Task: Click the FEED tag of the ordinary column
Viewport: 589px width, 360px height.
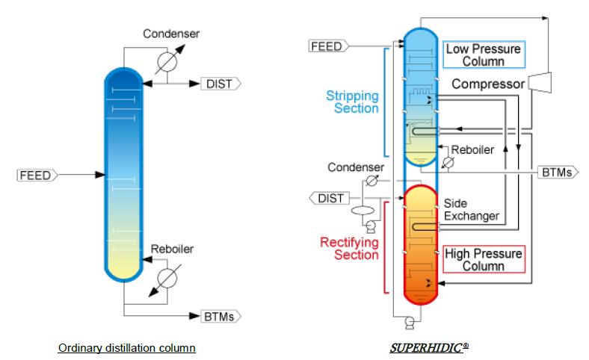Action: click(37, 176)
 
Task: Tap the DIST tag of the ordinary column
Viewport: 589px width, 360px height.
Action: click(221, 84)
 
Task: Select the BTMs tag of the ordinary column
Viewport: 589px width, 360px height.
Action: click(221, 317)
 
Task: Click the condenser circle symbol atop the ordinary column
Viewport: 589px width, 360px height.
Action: click(167, 61)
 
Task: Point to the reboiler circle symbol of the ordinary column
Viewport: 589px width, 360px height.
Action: click(167, 278)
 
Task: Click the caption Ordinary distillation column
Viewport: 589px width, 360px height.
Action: click(127, 348)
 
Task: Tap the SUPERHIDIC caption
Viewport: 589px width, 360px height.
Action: click(429, 348)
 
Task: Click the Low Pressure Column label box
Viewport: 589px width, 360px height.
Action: click(484, 55)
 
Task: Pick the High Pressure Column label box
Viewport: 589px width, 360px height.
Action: click(484, 259)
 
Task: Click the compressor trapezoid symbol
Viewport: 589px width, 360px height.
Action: click(540, 82)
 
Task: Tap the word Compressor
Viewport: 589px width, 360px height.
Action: click(488, 84)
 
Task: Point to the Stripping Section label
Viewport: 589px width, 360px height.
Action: click(352, 102)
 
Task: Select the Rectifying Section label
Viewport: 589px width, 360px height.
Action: click(349, 249)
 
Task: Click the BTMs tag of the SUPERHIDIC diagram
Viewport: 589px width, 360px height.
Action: click(558, 173)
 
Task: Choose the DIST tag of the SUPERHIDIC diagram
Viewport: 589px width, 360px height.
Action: click(330, 198)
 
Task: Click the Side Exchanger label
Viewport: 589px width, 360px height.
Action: click(472, 209)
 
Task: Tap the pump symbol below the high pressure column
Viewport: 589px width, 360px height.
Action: click(410, 323)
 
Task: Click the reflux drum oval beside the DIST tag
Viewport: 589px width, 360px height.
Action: click(363, 210)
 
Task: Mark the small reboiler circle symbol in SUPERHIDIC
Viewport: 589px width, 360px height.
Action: click(448, 163)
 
